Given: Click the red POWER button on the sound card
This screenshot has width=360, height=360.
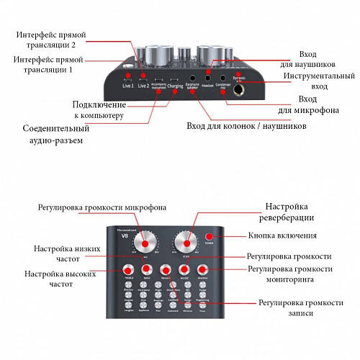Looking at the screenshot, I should coord(210,236).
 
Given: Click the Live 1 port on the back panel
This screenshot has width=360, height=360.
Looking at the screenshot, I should coord(128,76).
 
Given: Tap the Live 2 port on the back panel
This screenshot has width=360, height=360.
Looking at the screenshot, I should coord(143,76).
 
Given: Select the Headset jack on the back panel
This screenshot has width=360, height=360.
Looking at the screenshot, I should coord(209,78).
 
